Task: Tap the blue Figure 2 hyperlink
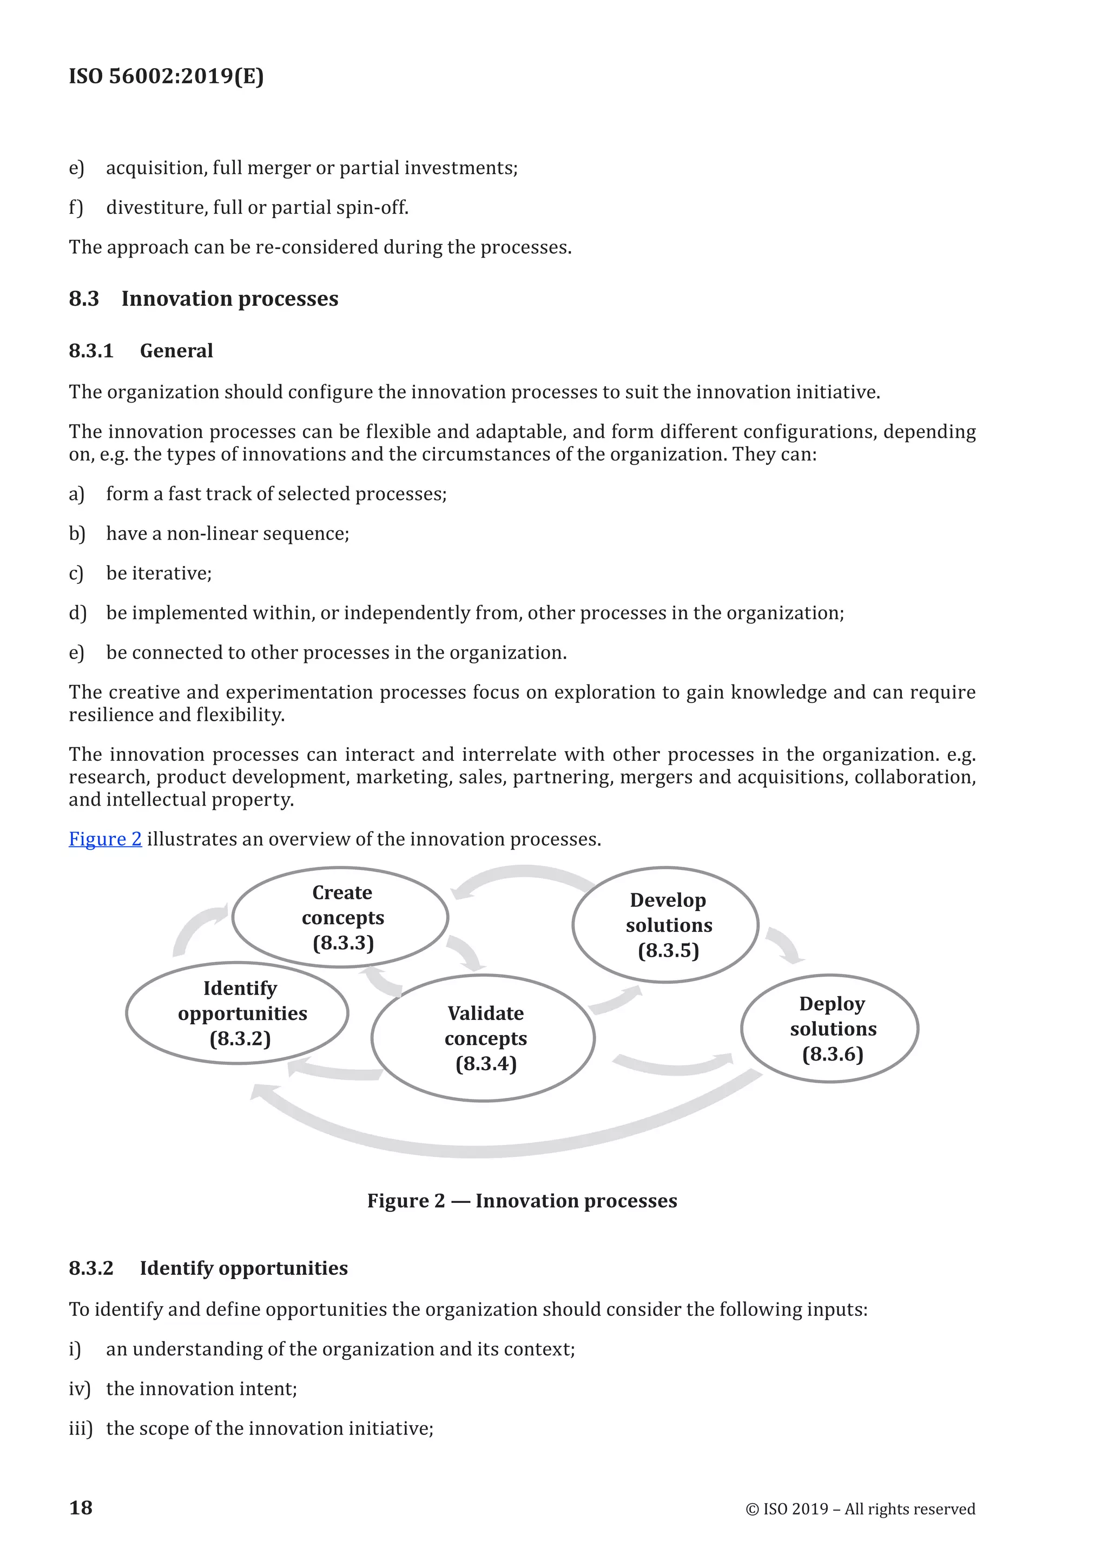point(105,839)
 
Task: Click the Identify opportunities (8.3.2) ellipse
point(238,1013)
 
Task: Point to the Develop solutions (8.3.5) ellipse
point(666,925)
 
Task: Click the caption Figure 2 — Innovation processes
point(522,1201)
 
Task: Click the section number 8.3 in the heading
point(84,299)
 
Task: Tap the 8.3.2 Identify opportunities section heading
point(208,1268)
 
